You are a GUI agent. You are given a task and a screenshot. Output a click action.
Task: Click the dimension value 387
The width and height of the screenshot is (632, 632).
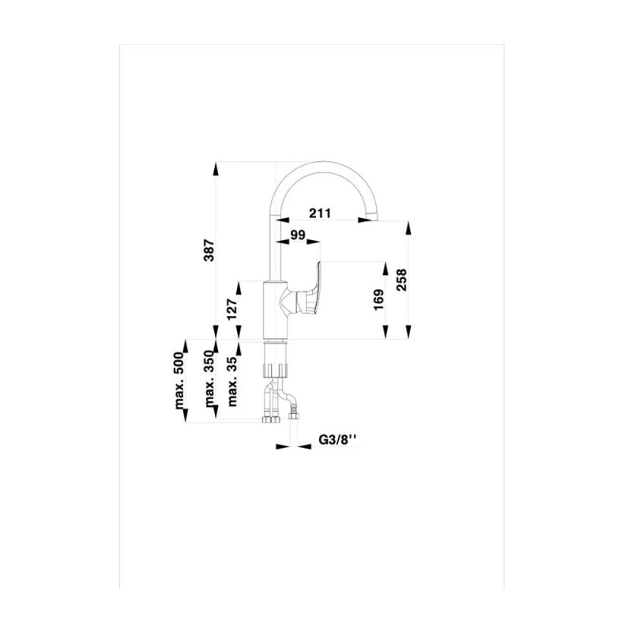point(209,250)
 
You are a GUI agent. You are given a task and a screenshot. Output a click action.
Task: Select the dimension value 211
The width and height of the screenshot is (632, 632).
point(320,213)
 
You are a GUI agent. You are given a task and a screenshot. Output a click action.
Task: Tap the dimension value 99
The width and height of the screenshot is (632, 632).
point(298,235)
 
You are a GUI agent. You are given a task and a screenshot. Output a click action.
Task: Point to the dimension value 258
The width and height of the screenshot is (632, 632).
point(402,280)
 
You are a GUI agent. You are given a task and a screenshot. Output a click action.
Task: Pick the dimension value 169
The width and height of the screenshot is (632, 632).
point(379,299)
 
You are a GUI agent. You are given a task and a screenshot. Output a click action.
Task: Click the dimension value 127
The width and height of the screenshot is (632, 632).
point(232,309)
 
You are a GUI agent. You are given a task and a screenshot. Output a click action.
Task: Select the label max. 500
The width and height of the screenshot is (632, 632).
point(180,381)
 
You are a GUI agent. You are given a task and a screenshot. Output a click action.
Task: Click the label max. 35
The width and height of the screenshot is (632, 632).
point(232,381)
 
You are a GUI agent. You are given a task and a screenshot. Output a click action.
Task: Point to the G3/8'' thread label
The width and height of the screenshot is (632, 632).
point(338,439)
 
